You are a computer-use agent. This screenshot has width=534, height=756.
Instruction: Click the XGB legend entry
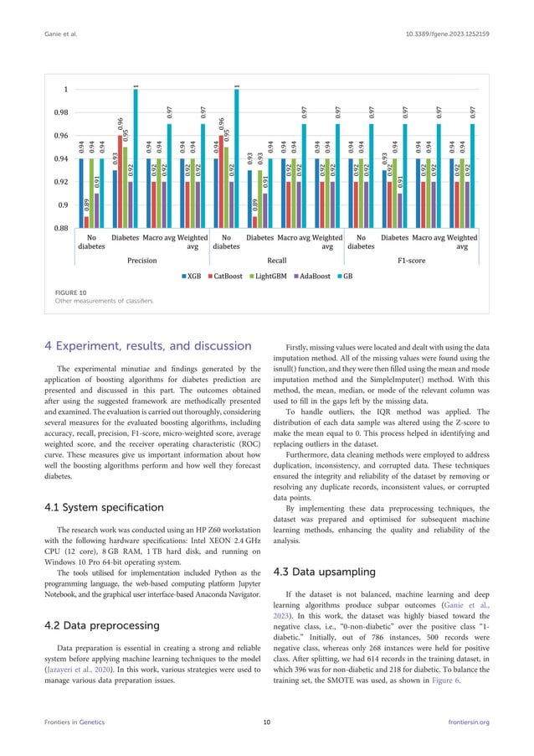tap(192, 274)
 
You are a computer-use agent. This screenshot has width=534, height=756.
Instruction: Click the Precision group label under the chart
tap(141, 261)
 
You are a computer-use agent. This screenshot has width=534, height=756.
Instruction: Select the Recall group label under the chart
tap(276, 261)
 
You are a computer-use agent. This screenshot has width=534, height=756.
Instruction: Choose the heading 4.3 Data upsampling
tap(326, 572)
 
